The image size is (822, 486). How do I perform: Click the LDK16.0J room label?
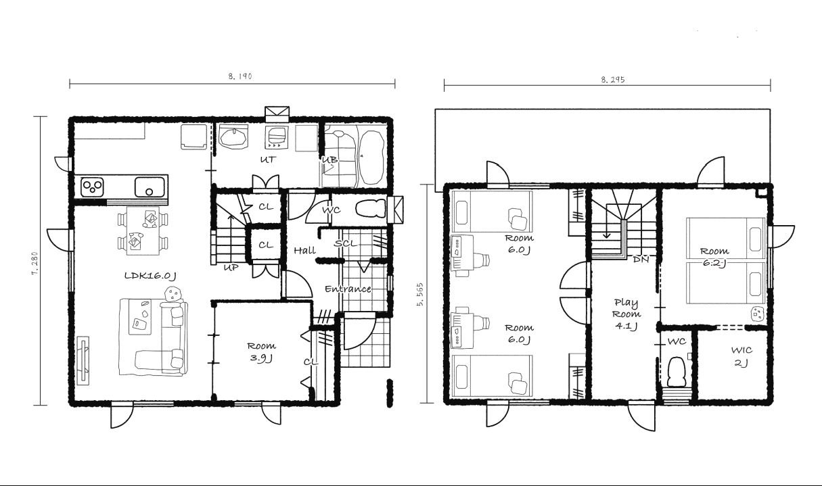point(150,276)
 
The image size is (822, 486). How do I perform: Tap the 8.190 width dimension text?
point(240,76)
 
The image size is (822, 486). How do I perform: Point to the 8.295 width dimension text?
point(613,80)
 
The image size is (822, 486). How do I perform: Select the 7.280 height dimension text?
point(35,263)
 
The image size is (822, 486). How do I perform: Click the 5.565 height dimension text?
point(420,295)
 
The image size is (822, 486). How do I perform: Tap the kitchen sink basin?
point(150,187)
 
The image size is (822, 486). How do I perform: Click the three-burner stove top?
point(93,186)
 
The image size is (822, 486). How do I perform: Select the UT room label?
point(268,160)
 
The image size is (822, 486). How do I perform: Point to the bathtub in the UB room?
point(371,157)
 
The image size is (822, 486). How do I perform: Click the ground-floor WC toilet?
point(371,209)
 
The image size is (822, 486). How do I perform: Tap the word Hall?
point(305,250)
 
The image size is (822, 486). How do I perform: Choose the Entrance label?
point(348,289)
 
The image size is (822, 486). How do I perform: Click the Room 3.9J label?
point(261,351)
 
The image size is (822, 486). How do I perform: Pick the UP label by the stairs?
point(231,268)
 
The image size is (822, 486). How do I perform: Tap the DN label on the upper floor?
point(641,260)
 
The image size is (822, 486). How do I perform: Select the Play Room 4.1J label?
point(626,314)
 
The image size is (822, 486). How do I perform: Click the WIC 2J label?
point(741,356)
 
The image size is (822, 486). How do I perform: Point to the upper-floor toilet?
point(677,372)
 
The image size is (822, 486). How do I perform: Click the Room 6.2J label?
point(714,257)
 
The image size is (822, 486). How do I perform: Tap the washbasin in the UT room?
point(232,137)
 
